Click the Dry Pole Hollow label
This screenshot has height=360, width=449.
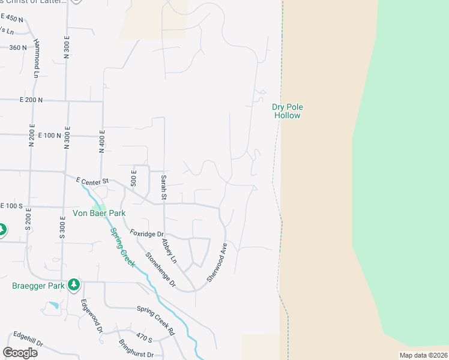click(x=288, y=111)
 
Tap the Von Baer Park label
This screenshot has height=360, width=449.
click(x=99, y=213)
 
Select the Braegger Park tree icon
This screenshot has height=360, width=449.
click(x=74, y=284)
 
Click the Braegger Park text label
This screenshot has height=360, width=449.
click(x=38, y=286)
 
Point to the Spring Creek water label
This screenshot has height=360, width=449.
click(x=122, y=247)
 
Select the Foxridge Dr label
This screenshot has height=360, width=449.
click(x=147, y=233)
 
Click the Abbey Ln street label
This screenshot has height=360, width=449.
click(x=169, y=251)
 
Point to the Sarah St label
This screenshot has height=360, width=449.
click(x=163, y=187)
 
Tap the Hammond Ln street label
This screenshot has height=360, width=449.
click(x=37, y=59)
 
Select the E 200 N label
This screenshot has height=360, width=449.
click(x=31, y=100)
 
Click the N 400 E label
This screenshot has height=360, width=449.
click(x=103, y=143)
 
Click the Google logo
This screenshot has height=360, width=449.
click(x=20, y=353)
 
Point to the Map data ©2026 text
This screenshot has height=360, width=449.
click(x=423, y=355)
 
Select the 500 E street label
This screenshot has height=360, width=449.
click(x=133, y=179)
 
